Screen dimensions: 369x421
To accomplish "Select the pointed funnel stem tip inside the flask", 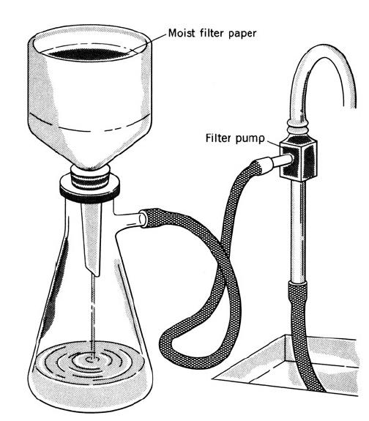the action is point(96,275).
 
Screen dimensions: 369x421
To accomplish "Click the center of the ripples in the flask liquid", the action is point(90,359).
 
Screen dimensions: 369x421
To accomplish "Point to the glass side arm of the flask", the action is point(130,218).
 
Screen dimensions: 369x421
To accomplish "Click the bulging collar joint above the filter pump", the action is point(297,128).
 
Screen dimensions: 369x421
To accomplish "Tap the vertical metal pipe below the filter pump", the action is point(297,231).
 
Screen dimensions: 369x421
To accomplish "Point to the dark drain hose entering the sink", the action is point(303,335).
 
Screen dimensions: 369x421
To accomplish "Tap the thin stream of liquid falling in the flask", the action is point(93,317).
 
